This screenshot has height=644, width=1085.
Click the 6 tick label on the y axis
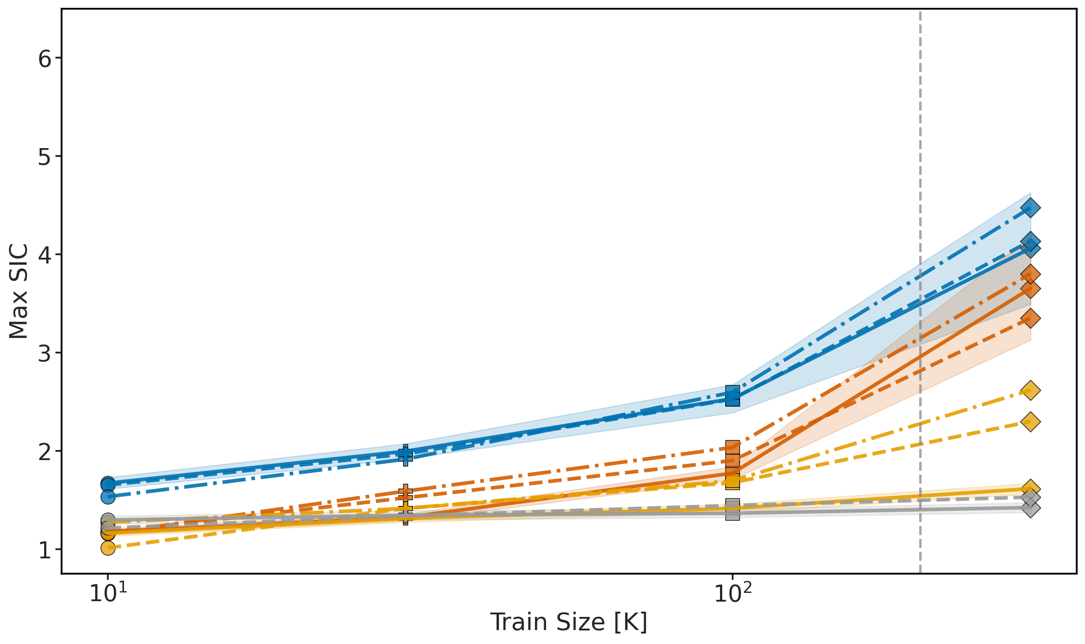tap(45, 59)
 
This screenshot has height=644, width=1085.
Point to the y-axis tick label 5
tap(45, 157)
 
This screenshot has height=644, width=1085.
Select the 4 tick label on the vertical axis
tap(45, 255)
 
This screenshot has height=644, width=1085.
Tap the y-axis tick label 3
tap(45, 353)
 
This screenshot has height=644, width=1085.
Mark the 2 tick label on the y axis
tap(45, 451)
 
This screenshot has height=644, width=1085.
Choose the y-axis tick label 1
tap(45, 550)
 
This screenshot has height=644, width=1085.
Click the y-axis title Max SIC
tap(18, 291)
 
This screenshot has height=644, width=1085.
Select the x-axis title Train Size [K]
tap(568, 622)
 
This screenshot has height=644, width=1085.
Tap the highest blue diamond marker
tap(1030, 208)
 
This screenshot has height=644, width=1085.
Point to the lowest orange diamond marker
tap(1030, 318)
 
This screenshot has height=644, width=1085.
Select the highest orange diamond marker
tap(1030, 274)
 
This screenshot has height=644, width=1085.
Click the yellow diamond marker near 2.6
tap(1030, 390)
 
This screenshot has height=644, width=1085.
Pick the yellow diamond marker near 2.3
tap(1030, 422)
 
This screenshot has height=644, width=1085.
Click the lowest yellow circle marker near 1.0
tap(108, 548)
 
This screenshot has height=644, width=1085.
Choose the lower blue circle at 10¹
tap(108, 496)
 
